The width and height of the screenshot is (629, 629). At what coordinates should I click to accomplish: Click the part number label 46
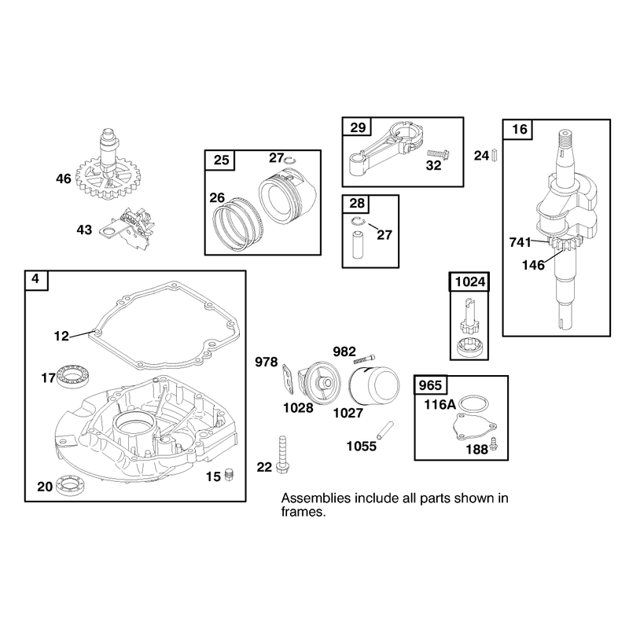coord(64,179)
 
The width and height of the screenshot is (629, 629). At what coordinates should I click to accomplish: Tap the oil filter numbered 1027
coord(374,386)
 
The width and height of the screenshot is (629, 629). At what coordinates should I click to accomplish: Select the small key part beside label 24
coord(495,155)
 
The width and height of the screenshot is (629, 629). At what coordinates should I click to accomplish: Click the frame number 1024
coord(470,282)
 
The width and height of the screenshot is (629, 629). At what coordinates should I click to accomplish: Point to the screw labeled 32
coord(438,154)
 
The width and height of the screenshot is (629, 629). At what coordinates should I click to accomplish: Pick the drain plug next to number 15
coord(230,475)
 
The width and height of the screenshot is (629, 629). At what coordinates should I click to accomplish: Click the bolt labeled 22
coord(283,454)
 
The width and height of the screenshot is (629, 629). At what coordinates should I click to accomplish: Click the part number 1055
coord(362,447)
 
